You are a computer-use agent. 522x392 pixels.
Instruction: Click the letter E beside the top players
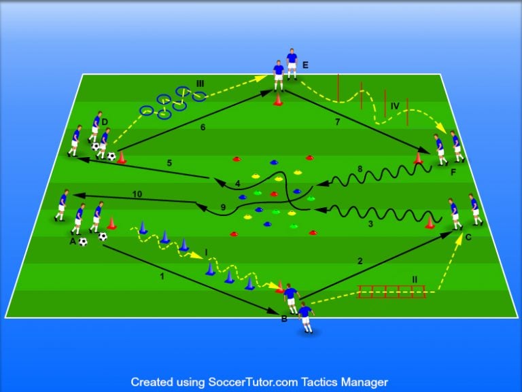tap(306, 65)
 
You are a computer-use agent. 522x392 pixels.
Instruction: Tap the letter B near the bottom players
tap(283, 318)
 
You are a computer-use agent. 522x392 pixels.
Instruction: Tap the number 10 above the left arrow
tap(138, 194)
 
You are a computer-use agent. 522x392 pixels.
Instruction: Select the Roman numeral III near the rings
tap(200, 84)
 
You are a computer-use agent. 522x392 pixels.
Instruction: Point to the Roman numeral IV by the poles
tap(396, 105)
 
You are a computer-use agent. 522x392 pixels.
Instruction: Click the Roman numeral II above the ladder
tap(415, 279)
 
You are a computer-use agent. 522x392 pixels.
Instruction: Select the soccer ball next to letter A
tap(82, 241)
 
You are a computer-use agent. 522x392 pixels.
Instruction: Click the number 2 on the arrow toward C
tap(361, 260)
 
